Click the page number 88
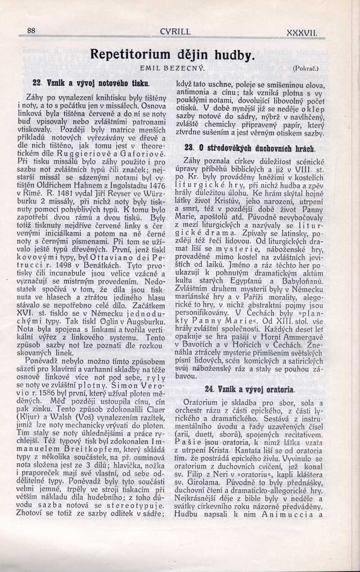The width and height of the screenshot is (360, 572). tap(31, 31)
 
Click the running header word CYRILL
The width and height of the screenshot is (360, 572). tap(175, 32)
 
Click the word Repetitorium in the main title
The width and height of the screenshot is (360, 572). tap(130, 54)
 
